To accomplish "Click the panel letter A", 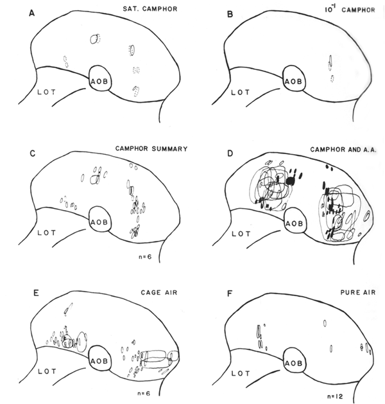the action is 31,13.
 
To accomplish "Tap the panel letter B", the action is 230,14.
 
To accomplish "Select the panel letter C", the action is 33,154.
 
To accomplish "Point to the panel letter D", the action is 230,154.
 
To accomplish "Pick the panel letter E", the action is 37,293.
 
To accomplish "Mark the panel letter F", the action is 230,294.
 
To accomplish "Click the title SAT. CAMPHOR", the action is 150,9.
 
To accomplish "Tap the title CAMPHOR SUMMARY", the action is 151,148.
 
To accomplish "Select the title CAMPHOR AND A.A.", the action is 343,150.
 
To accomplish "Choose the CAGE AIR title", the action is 159,292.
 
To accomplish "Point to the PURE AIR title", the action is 358,292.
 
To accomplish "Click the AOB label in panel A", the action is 99,82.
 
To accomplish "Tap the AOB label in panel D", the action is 295,224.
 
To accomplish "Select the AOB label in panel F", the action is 293,364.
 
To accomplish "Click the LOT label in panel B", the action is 240,92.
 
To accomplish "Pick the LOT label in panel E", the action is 47,371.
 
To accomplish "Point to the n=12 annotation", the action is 335,396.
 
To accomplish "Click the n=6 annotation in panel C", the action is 145,257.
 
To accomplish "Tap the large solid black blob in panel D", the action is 291,181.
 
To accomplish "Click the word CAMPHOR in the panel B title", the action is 358,10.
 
